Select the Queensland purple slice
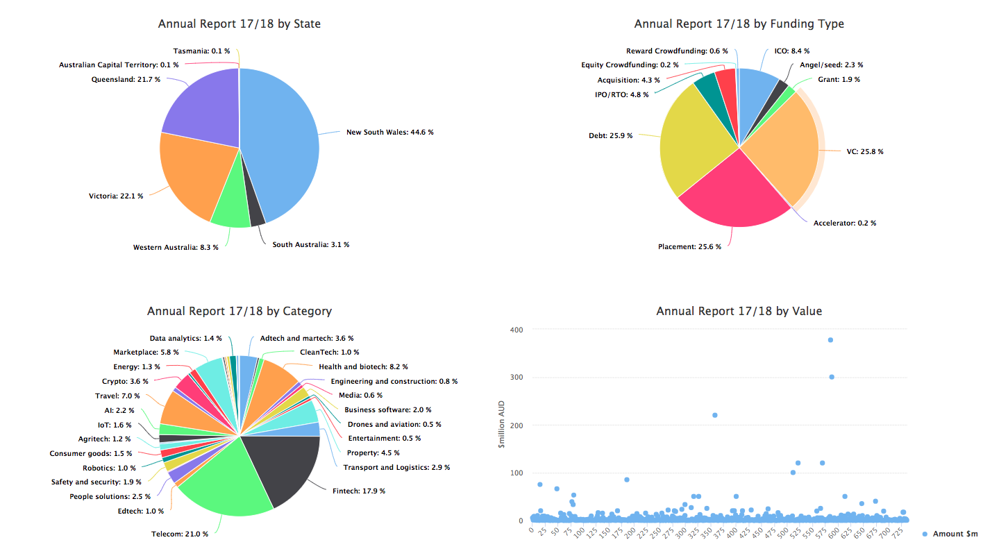198,104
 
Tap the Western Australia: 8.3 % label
176,247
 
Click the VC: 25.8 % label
864,151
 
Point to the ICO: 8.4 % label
792,51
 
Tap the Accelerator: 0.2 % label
844,223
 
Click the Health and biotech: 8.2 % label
363,366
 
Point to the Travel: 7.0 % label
117,396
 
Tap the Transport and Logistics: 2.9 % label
396,468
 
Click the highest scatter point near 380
830,340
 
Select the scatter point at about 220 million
715,415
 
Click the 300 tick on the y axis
516,377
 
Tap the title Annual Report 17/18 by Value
739,311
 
